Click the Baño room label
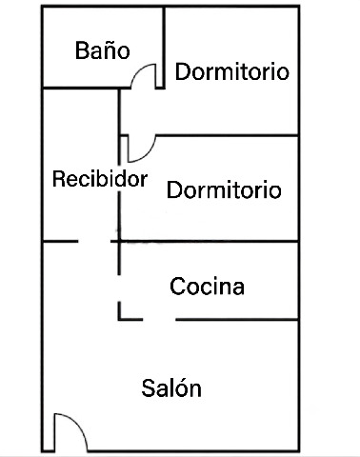pyautogui.click(x=103, y=50)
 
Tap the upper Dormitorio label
pyautogui.click(x=232, y=71)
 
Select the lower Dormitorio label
pyautogui.click(x=224, y=189)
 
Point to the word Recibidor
pyautogui.click(x=100, y=179)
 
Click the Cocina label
pyautogui.click(x=207, y=286)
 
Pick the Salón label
pyautogui.click(x=171, y=387)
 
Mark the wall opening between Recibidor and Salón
pyautogui.click(x=94, y=242)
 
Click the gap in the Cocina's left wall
pyautogui.click(x=119, y=288)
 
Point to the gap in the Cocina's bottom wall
pyautogui.click(x=159, y=319)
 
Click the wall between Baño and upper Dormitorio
pyautogui.click(x=164, y=48)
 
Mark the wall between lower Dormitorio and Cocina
pyautogui.click(x=209, y=242)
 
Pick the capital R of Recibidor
pyautogui.click(x=58, y=179)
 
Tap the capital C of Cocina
pyautogui.click(x=177, y=287)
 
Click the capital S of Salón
pyautogui.click(x=148, y=387)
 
